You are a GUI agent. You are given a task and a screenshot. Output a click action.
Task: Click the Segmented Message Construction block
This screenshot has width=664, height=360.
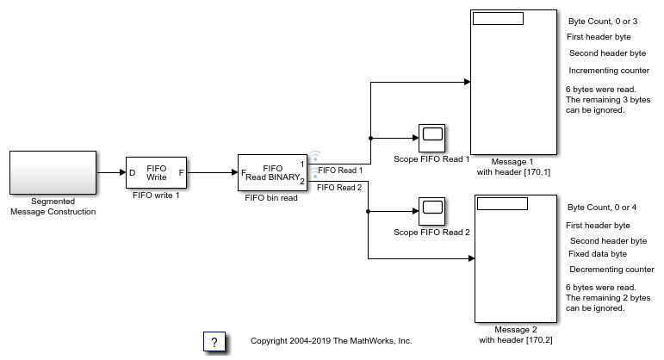click(x=53, y=172)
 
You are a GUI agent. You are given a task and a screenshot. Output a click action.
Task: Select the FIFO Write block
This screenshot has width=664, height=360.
click(x=157, y=172)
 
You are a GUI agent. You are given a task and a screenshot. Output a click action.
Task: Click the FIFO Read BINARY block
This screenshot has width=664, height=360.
click(x=272, y=172)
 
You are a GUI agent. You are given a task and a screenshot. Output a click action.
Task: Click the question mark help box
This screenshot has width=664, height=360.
click(x=215, y=341)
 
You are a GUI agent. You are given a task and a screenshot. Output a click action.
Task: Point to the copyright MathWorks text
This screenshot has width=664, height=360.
click(x=331, y=341)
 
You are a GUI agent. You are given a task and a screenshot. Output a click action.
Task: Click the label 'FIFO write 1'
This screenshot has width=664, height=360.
click(x=156, y=196)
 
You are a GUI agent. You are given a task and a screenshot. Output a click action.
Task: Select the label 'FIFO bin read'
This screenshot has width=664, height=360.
click(x=272, y=196)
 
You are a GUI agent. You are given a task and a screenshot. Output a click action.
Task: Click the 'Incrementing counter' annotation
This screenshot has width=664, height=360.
click(x=609, y=71)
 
